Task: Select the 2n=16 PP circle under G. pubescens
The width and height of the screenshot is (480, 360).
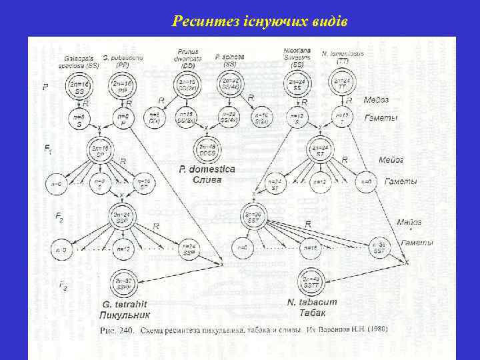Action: pos(121,88)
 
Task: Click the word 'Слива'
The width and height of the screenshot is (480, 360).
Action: pos(206,180)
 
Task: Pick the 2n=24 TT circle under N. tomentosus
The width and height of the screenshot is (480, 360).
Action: pos(341,84)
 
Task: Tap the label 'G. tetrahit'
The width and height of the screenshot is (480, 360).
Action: pos(123,303)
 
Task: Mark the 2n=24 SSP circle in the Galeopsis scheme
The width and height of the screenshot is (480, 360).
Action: pos(122,217)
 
